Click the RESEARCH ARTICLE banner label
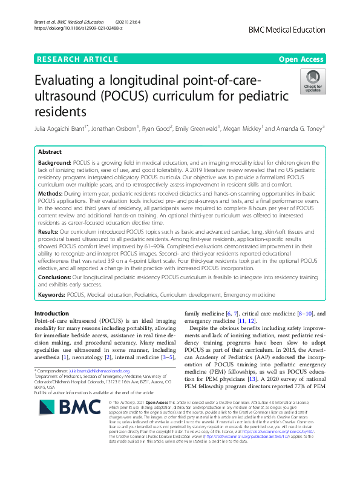tap(77, 59)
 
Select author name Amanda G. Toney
tap(301, 128)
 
